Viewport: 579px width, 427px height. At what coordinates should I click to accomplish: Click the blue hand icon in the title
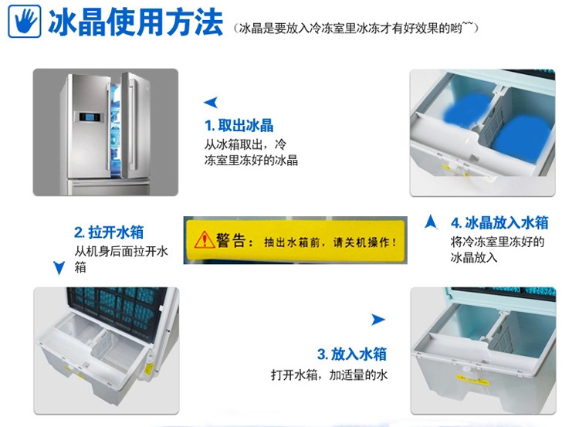pos(25,21)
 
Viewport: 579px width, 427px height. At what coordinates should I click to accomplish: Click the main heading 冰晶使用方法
pos(136,22)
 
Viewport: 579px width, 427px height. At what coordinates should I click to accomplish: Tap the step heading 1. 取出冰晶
pos(239,126)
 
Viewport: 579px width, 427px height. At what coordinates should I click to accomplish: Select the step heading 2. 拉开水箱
pos(109,232)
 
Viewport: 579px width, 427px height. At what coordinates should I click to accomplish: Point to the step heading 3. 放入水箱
pos(352,354)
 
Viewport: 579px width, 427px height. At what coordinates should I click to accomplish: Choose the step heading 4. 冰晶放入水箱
pos(499,222)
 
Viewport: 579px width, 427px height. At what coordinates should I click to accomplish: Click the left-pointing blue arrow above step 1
pos(211,103)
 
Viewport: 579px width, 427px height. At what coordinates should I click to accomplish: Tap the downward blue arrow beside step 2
pos(59,268)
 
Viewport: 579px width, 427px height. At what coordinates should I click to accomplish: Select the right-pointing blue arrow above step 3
pos(378,320)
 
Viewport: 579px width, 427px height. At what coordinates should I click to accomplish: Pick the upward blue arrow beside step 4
pos(431,222)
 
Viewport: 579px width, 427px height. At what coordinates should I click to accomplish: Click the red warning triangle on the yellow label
pos(205,239)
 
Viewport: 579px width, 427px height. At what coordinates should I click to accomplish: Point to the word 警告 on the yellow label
pos(231,240)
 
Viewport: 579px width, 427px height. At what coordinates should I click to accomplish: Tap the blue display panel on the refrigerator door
pos(89,117)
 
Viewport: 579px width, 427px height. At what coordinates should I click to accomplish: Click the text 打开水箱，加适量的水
pos(329,375)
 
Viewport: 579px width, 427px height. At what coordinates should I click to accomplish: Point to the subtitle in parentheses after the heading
pos(356,28)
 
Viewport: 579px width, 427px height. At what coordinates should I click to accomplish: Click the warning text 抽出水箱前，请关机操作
pos(330,242)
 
